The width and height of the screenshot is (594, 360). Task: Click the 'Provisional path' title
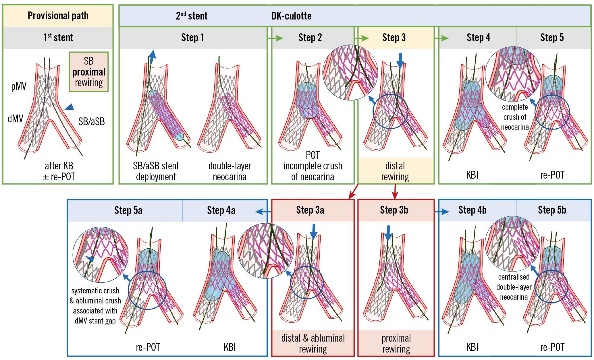pyautogui.click(x=58, y=16)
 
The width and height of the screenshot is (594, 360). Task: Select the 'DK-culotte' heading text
pyautogui.click(x=291, y=16)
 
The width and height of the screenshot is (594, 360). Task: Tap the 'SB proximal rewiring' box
pyautogui.click(x=89, y=72)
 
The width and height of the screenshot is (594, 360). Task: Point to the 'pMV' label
pyautogui.click(x=19, y=86)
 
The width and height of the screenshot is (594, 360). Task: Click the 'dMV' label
pyautogui.click(x=15, y=118)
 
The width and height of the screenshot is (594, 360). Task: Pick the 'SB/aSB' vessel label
pyautogui.click(x=91, y=121)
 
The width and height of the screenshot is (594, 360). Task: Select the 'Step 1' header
pyautogui.click(x=192, y=38)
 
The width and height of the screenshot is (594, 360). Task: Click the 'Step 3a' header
pyautogui.click(x=310, y=210)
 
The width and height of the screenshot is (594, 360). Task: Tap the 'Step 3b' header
pyautogui.click(x=394, y=210)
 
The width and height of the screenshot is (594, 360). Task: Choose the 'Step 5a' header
pyautogui.click(x=128, y=210)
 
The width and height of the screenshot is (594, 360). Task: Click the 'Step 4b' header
pyautogui.click(x=472, y=210)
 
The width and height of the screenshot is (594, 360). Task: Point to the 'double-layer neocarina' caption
pyautogui.click(x=230, y=171)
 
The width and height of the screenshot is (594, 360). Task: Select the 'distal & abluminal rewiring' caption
pyautogui.click(x=313, y=343)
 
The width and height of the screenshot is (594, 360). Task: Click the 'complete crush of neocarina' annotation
pyautogui.click(x=515, y=117)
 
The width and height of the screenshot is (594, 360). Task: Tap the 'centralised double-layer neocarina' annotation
pyautogui.click(x=514, y=287)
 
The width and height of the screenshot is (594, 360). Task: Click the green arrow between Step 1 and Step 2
pyautogui.click(x=275, y=38)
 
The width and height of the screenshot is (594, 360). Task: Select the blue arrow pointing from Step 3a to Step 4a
pyautogui.click(x=263, y=212)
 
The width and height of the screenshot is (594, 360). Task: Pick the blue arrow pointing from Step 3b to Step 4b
pyautogui.click(x=442, y=212)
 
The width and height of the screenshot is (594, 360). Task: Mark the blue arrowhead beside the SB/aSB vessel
pyautogui.click(x=70, y=107)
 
